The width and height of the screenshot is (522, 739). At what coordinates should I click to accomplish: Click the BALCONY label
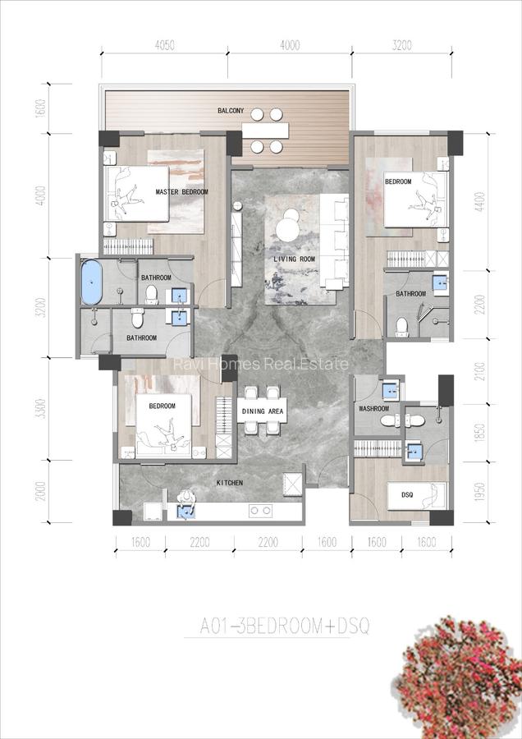(231, 111)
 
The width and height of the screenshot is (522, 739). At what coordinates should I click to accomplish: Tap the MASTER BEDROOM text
(181, 192)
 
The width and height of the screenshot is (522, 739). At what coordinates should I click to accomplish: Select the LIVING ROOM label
(294, 259)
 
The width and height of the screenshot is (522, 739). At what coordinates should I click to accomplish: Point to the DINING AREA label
(263, 411)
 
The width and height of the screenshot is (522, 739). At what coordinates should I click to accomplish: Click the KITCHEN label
(229, 483)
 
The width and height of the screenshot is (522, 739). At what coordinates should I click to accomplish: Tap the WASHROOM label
(373, 409)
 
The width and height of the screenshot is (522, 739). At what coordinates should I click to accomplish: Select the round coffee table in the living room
(288, 227)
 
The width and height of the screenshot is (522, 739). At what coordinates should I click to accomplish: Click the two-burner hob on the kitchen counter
(261, 511)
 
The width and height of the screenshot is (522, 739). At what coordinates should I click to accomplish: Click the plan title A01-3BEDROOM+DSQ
(285, 628)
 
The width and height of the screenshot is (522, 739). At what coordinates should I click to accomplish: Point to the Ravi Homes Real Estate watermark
(260, 365)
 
